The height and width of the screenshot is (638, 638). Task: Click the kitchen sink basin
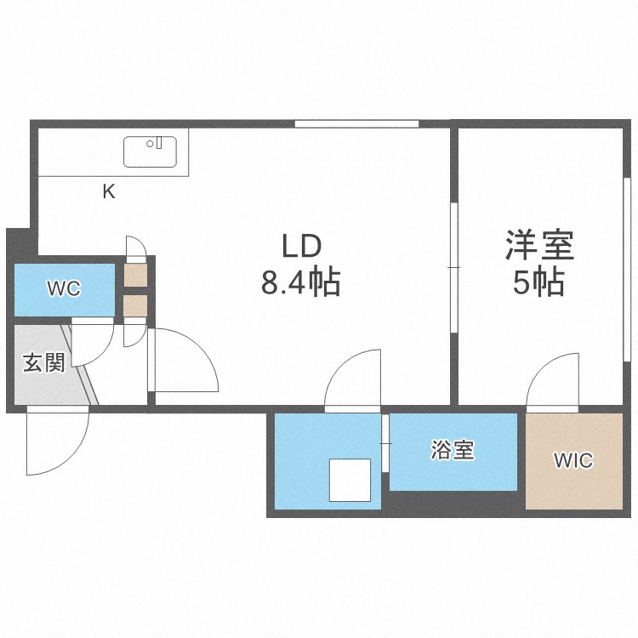(x=150, y=151)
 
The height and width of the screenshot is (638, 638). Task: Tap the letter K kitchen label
(x=109, y=191)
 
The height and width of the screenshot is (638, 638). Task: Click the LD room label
(x=302, y=247)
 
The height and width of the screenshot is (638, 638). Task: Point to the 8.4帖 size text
(x=300, y=282)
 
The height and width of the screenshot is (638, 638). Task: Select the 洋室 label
(x=539, y=245)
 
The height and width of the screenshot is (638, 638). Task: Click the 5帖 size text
(x=538, y=282)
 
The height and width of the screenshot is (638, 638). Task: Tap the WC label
(x=65, y=288)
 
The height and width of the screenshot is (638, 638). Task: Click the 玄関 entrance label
(x=44, y=362)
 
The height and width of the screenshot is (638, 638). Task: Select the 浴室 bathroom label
(x=453, y=450)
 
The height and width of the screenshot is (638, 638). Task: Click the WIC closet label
(x=572, y=460)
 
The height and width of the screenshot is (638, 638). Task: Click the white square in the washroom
(x=350, y=480)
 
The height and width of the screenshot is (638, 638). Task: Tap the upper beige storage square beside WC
(x=135, y=275)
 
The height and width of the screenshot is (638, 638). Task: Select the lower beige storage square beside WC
(x=135, y=305)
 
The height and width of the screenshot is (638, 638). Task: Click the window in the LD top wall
(x=356, y=123)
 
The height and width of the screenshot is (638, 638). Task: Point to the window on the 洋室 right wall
(x=627, y=269)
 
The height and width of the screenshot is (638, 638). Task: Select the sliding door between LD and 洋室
(x=454, y=267)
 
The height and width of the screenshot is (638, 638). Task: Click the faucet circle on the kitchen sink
(x=150, y=144)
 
